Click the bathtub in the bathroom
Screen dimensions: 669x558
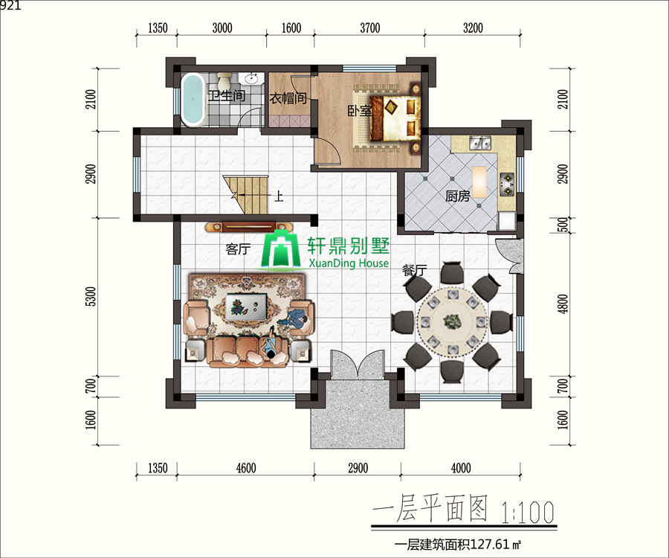(193, 100)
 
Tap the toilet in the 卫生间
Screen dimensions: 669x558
(224, 80)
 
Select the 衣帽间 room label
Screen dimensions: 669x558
(288, 98)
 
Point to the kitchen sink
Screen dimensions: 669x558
(480, 143)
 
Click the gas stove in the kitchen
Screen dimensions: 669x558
(507, 184)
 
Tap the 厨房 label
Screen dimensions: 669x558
(458, 196)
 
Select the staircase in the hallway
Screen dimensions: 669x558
(246, 195)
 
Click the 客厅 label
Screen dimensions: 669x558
(238, 248)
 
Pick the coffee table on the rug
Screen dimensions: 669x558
(247, 306)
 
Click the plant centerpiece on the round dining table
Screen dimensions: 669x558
(452, 321)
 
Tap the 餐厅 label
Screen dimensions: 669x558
(415, 270)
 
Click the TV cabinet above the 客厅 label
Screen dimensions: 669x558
(248, 227)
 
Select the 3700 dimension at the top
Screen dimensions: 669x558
(370, 28)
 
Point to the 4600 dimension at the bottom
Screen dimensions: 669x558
(246, 468)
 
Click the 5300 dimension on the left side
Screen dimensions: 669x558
(91, 296)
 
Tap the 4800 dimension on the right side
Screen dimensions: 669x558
(563, 304)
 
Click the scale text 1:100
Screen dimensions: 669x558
(528, 513)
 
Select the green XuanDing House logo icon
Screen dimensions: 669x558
(280, 251)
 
